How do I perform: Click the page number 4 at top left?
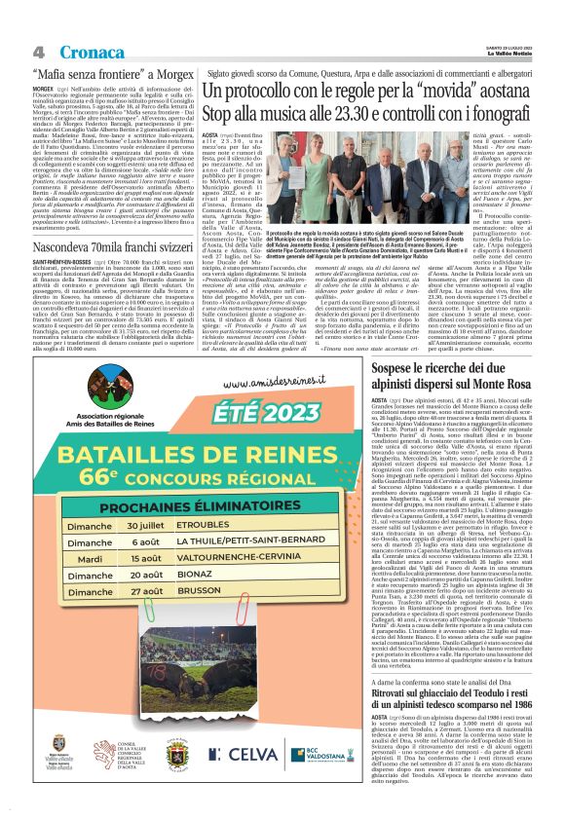click(x=39, y=53)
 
